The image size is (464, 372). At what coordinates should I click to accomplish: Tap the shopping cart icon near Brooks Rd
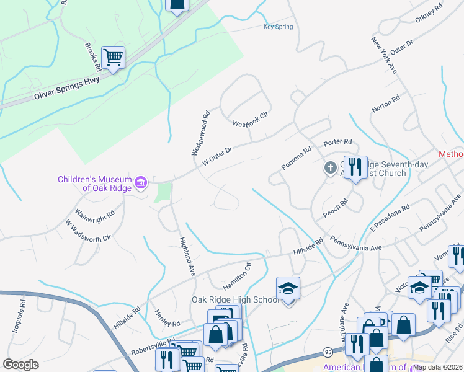(113, 58)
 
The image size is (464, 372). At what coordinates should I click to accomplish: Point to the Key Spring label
(277, 27)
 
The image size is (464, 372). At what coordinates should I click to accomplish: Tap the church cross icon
(331, 167)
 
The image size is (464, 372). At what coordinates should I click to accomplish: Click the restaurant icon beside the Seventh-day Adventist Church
(355, 167)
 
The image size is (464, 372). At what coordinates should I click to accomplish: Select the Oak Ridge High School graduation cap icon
(288, 289)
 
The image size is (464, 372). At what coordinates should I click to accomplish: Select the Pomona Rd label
(296, 158)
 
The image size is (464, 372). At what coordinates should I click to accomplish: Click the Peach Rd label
(335, 209)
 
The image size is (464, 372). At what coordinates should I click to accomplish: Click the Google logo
(20, 365)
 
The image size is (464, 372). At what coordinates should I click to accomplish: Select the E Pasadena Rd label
(390, 218)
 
